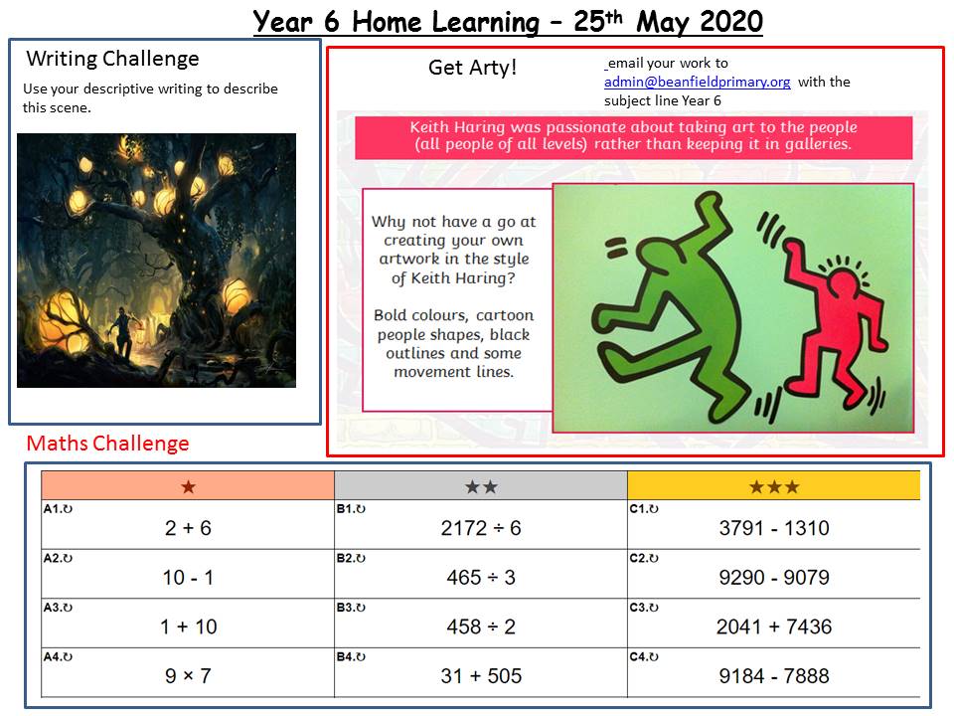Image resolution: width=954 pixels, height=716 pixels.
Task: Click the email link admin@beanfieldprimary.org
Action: point(698,83)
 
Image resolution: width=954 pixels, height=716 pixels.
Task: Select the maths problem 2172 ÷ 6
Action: point(481,528)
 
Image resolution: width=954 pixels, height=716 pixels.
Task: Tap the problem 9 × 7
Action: point(188,676)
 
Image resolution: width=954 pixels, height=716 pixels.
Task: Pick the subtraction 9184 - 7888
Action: point(774,676)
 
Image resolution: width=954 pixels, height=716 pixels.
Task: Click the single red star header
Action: point(189,487)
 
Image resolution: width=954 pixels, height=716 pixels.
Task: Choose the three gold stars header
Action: point(774,487)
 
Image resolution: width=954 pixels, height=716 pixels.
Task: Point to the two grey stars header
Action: point(481,487)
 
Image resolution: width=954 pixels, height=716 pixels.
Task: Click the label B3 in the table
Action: point(351,607)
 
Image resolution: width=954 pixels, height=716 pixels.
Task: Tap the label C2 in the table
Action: point(644,558)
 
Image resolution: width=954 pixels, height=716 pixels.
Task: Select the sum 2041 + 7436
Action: point(774,626)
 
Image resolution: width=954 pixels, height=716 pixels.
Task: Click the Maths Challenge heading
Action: point(107,444)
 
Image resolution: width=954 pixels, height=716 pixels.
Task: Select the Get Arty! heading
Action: point(473,67)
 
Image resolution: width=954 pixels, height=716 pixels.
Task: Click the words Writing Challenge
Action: point(112,59)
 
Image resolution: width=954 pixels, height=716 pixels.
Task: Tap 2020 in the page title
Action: point(730,22)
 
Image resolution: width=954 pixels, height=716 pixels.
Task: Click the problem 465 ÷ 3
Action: point(481,577)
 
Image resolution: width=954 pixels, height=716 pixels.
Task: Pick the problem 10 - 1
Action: point(188,577)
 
